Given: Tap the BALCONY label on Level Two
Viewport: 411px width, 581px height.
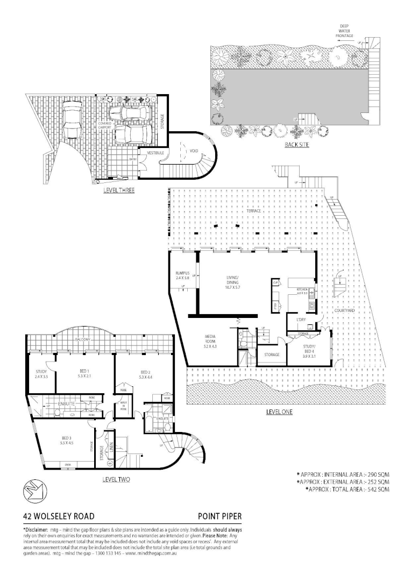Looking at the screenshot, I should (83, 340).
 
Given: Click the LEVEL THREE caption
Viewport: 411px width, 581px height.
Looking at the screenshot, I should (119, 190).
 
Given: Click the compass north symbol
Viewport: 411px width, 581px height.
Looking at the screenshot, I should (31, 490).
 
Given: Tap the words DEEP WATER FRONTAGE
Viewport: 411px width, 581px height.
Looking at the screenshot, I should (345, 31).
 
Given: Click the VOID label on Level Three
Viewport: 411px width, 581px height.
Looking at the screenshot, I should (194, 151).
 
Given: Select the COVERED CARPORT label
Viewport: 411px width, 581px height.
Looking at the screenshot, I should (104, 126).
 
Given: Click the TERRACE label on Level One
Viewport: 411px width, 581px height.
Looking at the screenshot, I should (253, 211).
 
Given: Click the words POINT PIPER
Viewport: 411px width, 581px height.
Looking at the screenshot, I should (219, 515).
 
